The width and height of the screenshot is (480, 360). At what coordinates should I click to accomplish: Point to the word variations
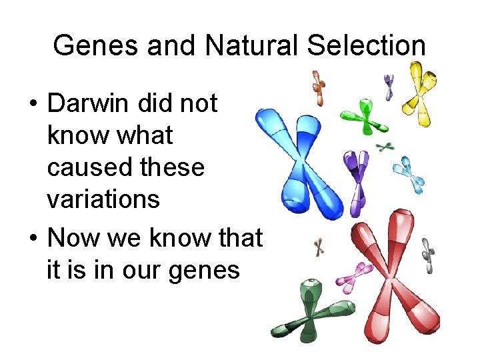103,199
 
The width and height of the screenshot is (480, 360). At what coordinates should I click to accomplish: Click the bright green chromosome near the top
363,115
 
